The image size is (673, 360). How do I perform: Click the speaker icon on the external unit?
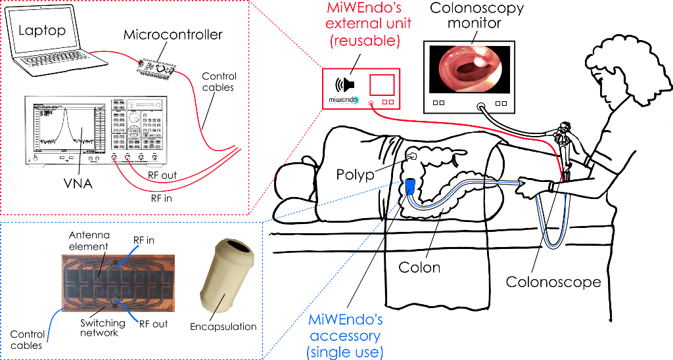(346, 85)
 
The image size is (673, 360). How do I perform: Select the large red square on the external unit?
(382, 85)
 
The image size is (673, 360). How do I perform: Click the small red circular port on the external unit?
(371, 103)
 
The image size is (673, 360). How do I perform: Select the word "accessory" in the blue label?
(346, 336)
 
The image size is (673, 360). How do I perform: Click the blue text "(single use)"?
(346, 352)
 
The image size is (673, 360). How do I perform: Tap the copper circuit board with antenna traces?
(119, 281)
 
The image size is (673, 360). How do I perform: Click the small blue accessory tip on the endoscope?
(411, 185)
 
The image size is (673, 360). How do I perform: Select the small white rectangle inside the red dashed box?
(144, 104)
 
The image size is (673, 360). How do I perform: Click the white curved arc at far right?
(574, 141)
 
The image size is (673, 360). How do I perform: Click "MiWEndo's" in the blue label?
(346, 321)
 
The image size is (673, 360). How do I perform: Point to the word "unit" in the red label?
(398, 24)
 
